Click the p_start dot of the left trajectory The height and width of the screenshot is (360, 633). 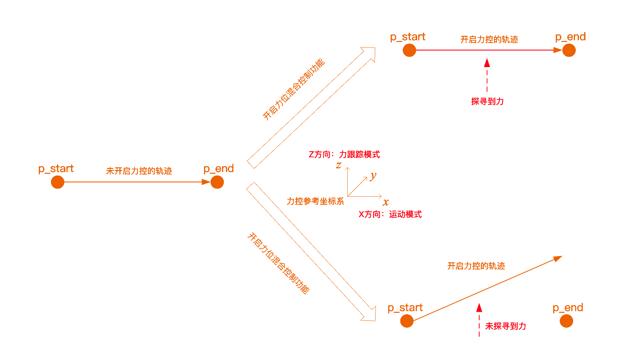point(57,182)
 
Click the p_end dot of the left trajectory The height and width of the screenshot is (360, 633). point(217,182)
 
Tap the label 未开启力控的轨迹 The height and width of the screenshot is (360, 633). point(139,171)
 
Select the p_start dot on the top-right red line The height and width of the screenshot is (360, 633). point(409,50)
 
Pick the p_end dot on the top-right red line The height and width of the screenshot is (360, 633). point(569,50)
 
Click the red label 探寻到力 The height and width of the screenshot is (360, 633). point(487,102)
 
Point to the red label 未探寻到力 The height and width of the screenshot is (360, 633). point(505,326)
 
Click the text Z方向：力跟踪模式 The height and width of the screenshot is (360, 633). point(344,155)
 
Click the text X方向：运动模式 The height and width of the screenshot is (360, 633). point(390,214)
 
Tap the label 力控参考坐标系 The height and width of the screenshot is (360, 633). point(315,201)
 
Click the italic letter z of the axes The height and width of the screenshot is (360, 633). point(338,165)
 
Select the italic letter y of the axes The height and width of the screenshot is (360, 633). point(373,177)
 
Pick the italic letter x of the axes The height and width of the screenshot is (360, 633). point(386,202)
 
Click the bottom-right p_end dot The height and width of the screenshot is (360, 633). point(566,321)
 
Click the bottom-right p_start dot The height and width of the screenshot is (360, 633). point(407,321)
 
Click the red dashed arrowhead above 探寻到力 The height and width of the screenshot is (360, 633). point(487,63)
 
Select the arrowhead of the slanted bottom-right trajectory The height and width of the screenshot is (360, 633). point(558,258)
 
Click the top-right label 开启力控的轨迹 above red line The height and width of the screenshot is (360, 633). point(489,40)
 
